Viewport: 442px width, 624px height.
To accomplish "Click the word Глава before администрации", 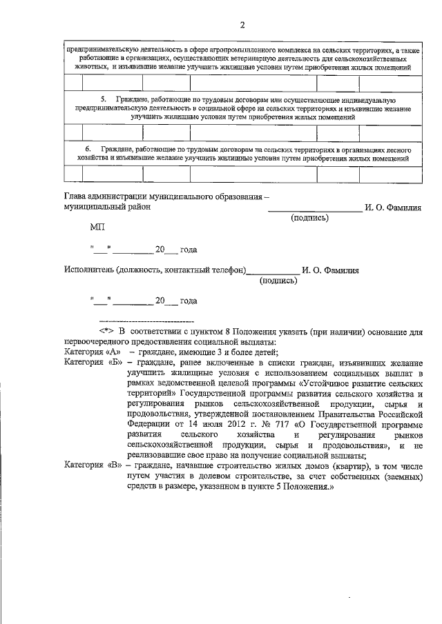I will pyautogui.click(x=77, y=197).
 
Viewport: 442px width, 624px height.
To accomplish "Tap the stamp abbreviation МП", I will pyautogui.click(x=97, y=226).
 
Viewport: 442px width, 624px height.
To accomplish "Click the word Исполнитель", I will pyautogui.click(x=88, y=270).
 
